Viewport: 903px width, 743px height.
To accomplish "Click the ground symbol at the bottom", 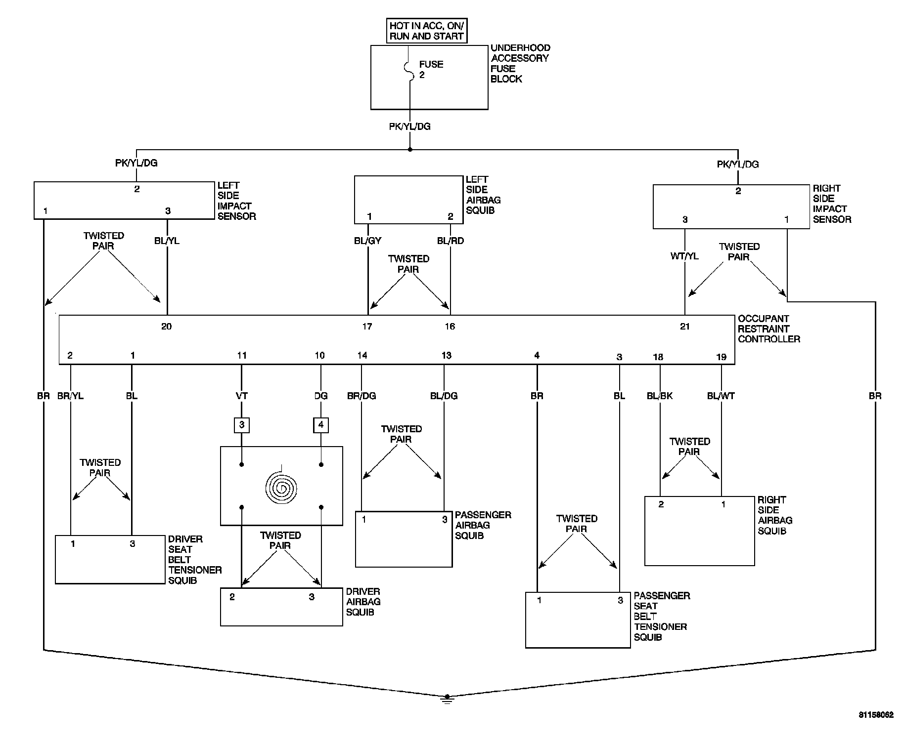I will point(447,699).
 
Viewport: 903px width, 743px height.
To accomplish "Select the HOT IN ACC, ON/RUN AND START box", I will point(426,31).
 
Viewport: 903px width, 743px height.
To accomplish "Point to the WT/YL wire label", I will point(684,256).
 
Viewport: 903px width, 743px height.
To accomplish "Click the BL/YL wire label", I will point(167,241).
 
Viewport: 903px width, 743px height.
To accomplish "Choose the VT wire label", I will point(241,396).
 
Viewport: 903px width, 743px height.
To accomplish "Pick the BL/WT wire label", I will point(721,396).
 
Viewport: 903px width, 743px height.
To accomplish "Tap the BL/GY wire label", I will point(367,241).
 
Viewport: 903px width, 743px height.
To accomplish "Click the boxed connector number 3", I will point(241,425).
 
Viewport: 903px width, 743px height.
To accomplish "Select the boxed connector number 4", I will point(321,425).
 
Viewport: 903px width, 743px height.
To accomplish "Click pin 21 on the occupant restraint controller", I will point(684,326).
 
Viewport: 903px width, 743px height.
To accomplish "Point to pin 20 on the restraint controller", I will point(167,326).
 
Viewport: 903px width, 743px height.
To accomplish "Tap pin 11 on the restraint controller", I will point(241,355).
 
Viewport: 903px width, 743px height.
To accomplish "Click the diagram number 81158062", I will point(876,715).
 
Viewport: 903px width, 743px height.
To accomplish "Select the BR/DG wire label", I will point(361,396).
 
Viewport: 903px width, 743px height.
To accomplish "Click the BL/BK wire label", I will point(660,396).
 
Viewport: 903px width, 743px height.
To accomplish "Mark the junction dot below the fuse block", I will point(409,149).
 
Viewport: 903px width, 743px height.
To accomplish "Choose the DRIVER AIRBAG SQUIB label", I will point(363,602).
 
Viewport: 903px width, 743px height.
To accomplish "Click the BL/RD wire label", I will point(451,241).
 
